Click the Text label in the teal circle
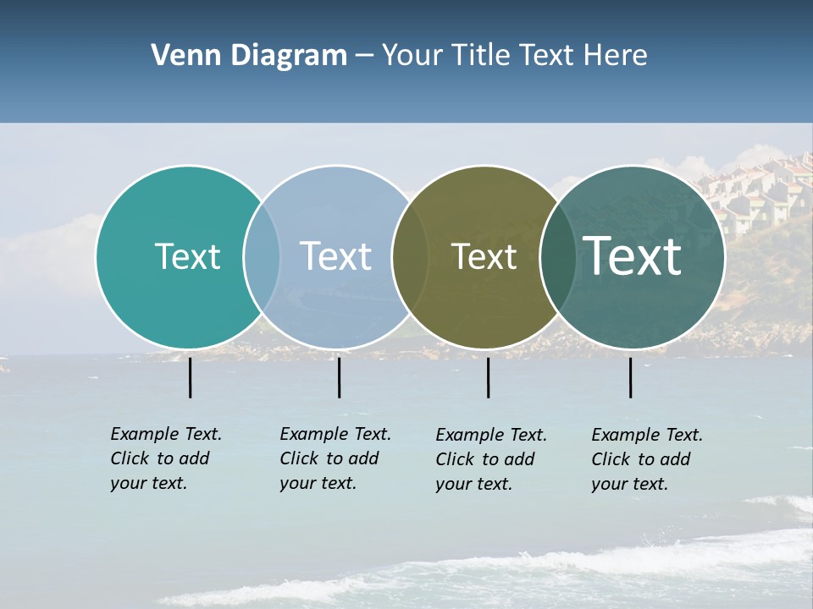pos(187,256)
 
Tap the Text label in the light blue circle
pos(335,256)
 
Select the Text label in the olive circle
pos(484,256)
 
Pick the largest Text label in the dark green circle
pos(632,256)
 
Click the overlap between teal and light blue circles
pos(262,256)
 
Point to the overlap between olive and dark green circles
pos(557,256)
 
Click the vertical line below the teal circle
pos(191,377)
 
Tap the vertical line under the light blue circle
pos(339,377)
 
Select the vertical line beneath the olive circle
pos(488,377)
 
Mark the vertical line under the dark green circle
pos(630,377)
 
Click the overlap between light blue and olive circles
pos(410,256)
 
